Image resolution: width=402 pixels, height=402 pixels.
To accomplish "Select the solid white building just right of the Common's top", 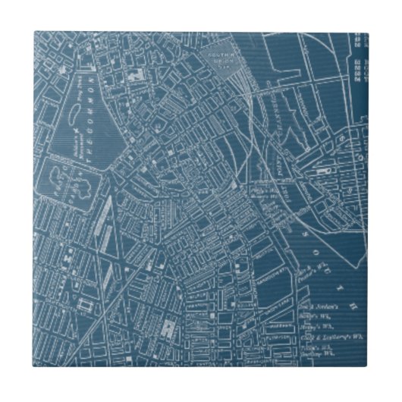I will click(x=137, y=76).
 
